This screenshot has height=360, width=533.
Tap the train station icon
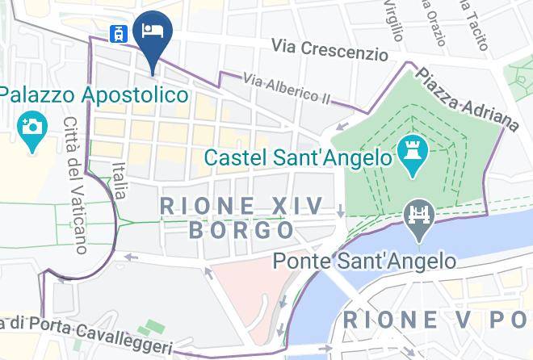(x=120, y=33)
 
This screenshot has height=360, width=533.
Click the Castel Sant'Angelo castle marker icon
(x=411, y=155)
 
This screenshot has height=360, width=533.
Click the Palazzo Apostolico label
(x=94, y=95)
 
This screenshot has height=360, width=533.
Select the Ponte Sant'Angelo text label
(x=364, y=261)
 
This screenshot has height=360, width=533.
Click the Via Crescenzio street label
(x=329, y=50)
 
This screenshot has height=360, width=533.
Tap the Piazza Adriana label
(x=468, y=98)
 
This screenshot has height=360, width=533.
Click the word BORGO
(x=241, y=230)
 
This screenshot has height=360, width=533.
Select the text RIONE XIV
(x=242, y=205)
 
